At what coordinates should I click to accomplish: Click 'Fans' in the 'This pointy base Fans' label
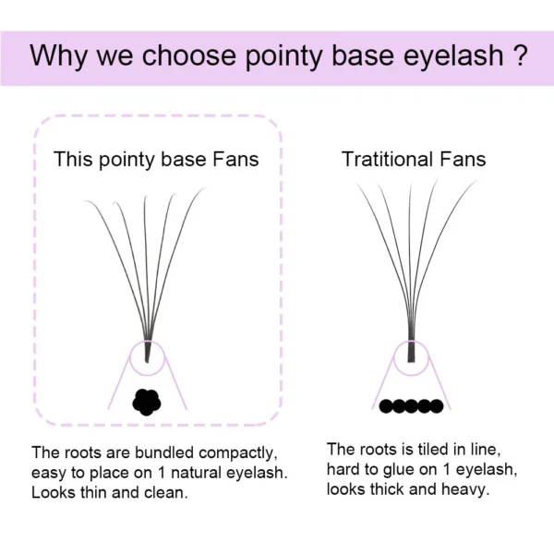[235, 159]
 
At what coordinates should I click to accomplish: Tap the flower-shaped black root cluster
[147, 402]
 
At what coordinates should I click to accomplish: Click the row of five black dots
[411, 406]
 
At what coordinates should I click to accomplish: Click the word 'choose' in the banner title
[188, 55]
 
